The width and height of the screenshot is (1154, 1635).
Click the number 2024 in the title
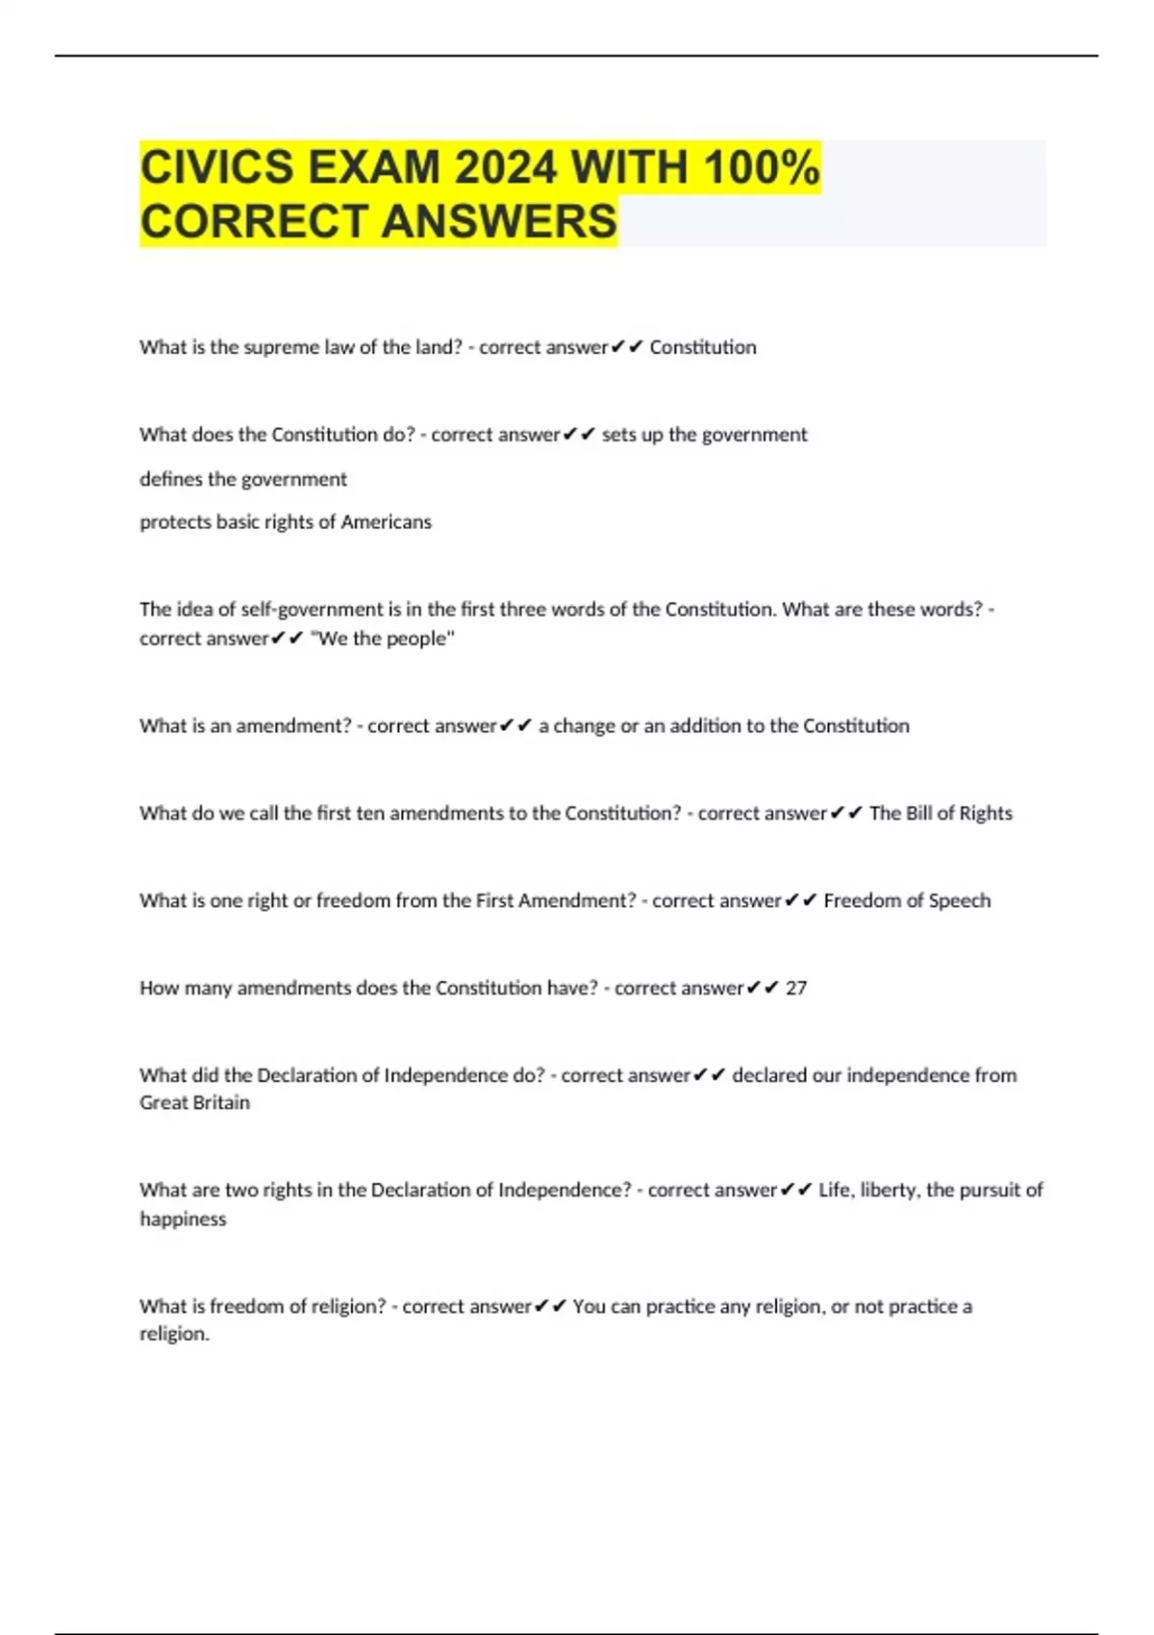(x=505, y=167)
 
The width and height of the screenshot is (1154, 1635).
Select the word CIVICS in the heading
(x=216, y=167)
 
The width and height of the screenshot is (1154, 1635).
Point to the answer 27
(x=796, y=988)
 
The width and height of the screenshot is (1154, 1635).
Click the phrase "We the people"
(x=383, y=639)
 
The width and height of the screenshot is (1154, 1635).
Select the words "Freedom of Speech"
(x=907, y=900)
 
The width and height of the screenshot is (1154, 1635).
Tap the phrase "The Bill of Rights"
(x=941, y=813)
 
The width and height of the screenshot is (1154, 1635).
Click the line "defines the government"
(x=243, y=479)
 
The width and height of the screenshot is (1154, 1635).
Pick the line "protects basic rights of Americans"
(x=286, y=522)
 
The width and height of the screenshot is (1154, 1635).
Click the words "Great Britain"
(x=194, y=1103)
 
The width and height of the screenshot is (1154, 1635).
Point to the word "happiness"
(x=183, y=1219)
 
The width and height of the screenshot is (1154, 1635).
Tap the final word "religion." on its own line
(x=174, y=1334)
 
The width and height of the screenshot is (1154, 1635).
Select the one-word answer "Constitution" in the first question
(x=703, y=347)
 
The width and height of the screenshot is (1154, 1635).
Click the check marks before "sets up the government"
(x=579, y=435)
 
